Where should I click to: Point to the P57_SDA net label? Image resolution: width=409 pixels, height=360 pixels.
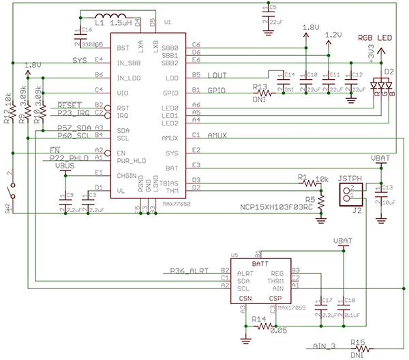tap(74, 127)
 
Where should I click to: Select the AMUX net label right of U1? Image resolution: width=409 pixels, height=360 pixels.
tap(217, 135)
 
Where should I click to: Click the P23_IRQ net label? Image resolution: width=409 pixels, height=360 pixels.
tap(74, 112)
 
